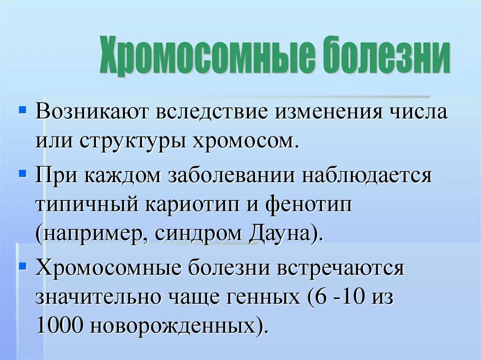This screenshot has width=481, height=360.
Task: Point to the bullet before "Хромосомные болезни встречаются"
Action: (22, 266)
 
